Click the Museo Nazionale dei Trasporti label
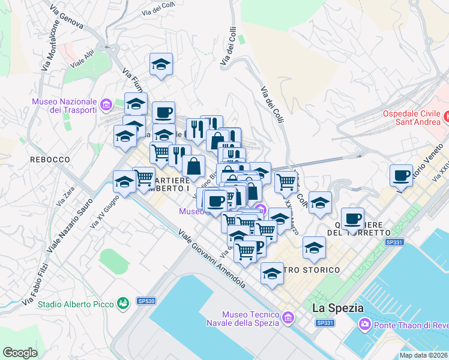(x=65, y=106)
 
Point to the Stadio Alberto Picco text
(x=76, y=304)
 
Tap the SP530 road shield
(x=146, y=301)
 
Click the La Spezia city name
(x=338, y=308)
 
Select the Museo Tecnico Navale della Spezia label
(x=250, y=319)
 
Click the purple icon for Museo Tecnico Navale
(x=288, y=317)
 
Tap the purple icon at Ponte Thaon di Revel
(x=364, y=325)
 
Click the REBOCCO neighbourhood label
(x=50, y=160)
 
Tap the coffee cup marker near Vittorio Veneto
(x=401, y=175)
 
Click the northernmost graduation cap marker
(x=161, y=64)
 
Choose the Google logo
(x=20, y=353)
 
